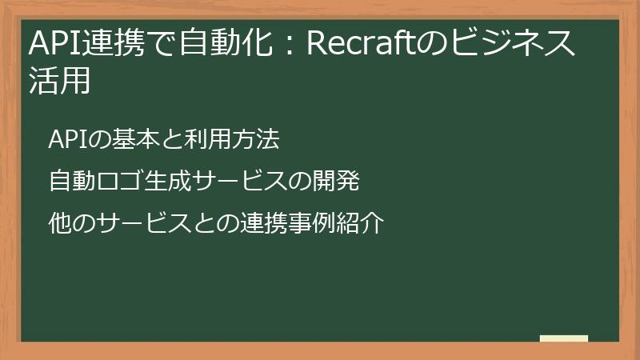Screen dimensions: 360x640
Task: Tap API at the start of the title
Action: [50, 45]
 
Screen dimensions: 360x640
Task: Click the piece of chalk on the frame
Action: [563, 339]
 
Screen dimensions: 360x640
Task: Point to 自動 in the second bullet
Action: [70, 182]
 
